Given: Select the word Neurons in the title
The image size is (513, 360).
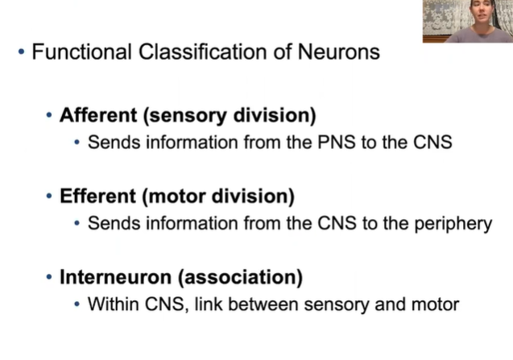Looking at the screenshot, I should [x=335, y=53].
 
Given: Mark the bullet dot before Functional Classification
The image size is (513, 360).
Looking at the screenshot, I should [x=21, y=53].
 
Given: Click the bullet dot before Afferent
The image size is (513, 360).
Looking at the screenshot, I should [x=50, y=114].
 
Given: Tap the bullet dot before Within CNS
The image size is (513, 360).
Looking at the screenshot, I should [x=77, y=304].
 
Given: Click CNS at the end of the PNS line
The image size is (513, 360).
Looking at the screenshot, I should [x=432, y=143].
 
